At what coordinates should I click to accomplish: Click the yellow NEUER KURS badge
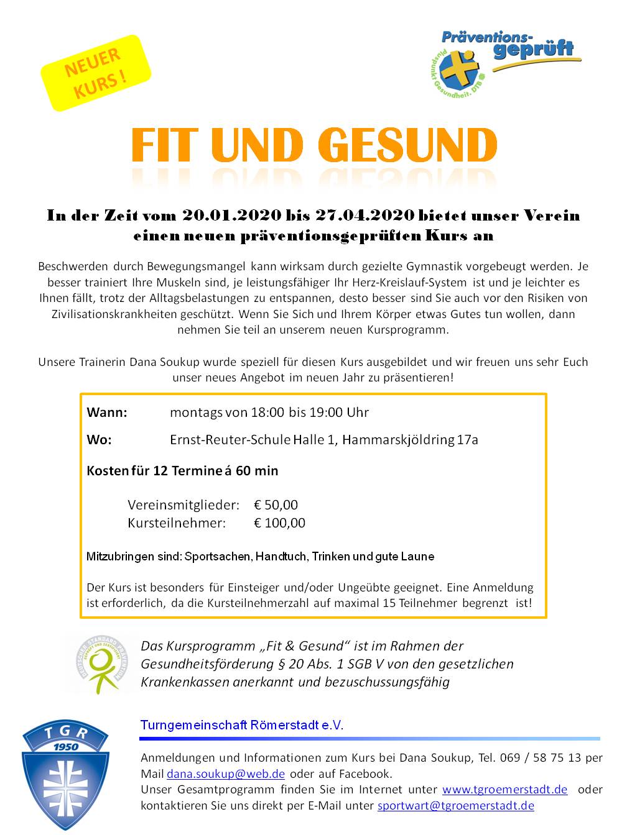tap(96, 73)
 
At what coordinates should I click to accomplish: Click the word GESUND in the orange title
tap(407, 145)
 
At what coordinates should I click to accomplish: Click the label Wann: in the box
tap(107, 413)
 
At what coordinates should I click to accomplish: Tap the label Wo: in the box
tap(100, 440)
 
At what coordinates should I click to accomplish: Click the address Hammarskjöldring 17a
tap(410, 440)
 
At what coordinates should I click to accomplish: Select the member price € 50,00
tap(276, 504)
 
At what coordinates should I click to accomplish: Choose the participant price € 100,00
tap(279, 523)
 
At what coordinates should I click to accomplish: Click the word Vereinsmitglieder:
tap(183, 504)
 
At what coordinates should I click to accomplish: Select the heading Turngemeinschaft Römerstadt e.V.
tap(242, 725)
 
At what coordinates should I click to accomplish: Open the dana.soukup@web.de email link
tap(225, 774)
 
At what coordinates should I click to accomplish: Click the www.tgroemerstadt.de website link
tap(504, 790)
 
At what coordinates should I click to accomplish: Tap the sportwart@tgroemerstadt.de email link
tap(455, 806)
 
